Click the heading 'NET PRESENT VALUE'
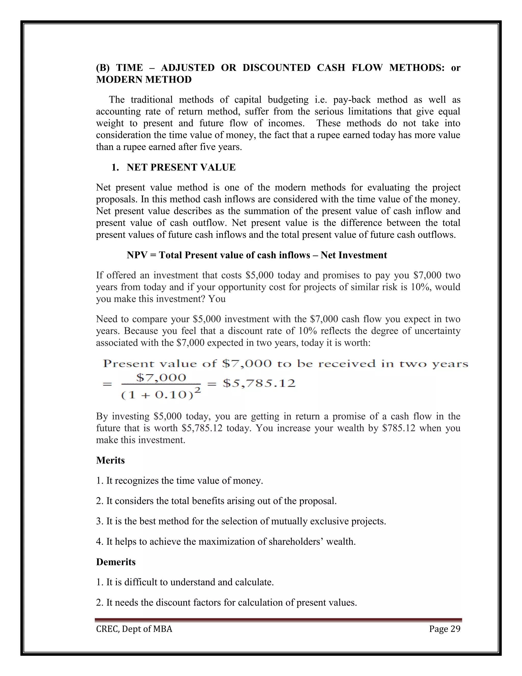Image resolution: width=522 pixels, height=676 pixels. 181,167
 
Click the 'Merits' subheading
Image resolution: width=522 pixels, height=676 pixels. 110,460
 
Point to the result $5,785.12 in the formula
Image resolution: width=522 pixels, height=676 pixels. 259,383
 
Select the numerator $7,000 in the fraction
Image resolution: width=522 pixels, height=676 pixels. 161,378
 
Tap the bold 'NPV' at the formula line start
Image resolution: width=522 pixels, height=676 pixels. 137,255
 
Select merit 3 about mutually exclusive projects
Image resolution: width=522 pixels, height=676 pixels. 241,521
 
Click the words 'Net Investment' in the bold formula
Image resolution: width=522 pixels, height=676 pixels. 354,255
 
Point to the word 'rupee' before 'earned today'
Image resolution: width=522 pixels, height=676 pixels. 320,135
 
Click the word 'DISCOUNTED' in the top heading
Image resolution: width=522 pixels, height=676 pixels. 276,68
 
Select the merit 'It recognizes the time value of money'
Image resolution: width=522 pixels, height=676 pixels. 179,481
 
